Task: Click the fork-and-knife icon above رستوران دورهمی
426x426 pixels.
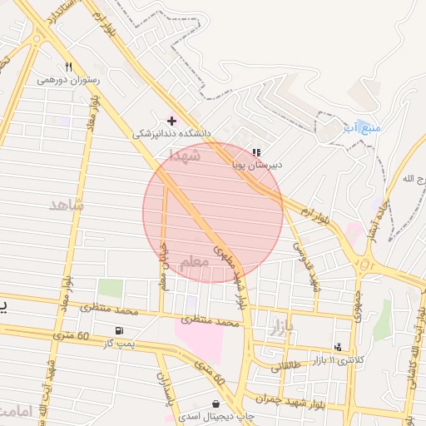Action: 68,67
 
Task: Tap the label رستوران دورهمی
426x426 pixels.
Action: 68,81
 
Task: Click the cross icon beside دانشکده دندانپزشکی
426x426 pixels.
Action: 172,121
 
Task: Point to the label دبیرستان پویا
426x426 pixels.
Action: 256,165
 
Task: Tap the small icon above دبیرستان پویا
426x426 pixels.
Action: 256,152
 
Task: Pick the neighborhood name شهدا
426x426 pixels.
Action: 185,155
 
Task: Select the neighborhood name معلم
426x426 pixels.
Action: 193,263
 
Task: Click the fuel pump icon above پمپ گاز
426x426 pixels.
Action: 120,330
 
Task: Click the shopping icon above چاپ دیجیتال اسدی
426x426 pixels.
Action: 216,404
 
